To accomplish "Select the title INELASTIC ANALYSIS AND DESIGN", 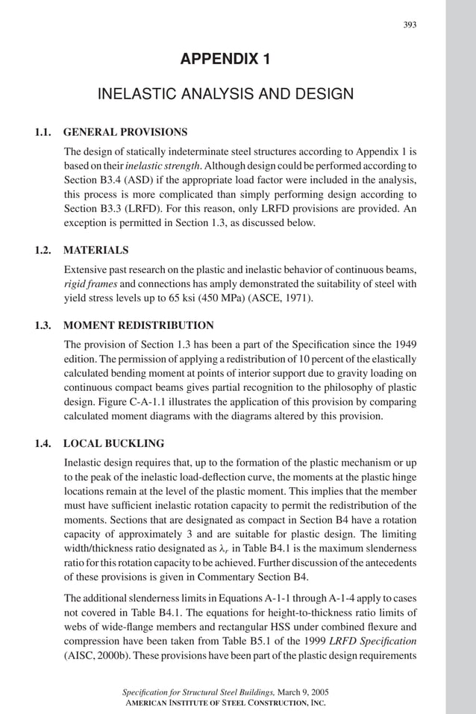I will (225, 94).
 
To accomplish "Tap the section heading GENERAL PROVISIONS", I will (125, 132).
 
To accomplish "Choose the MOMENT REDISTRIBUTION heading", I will (139, 325).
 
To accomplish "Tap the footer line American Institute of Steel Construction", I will (225, 704).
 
